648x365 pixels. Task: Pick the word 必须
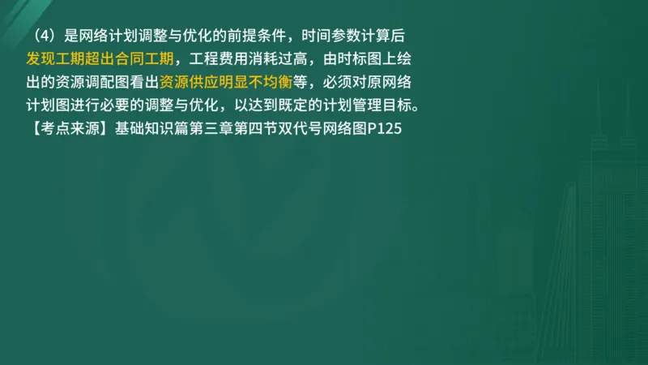click(x=340, y=82)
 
